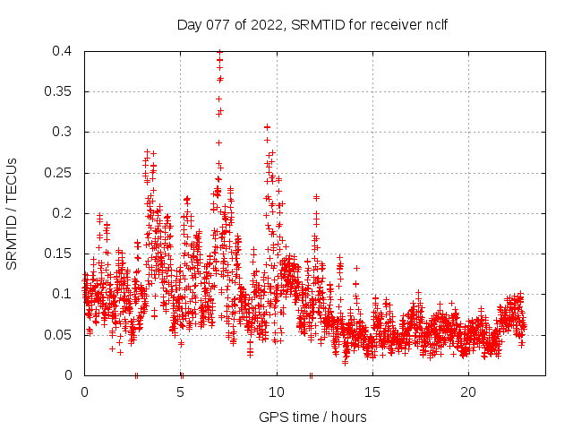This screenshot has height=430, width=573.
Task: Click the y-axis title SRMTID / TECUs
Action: [13, 213]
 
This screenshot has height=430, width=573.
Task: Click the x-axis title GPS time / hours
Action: [312, 417]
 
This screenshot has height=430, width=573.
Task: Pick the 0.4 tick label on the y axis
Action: [63, 51]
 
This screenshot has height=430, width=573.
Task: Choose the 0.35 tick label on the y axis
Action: [59, 91]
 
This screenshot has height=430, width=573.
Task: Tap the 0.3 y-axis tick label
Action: [63, 132]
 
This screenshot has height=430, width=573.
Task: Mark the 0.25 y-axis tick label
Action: [59, 173]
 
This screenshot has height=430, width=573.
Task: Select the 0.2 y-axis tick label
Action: [63, 213]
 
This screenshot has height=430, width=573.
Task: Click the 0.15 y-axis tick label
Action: [59, 254]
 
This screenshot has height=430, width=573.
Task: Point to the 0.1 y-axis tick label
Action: [63, 294]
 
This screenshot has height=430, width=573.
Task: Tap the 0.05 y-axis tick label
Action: [59, 335]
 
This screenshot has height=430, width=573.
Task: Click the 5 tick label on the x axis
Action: [180, 392]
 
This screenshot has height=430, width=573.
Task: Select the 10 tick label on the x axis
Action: [277, 392]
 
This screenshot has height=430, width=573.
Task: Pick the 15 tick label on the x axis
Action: [372, 392]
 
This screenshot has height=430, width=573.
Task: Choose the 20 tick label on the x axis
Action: [468, 392]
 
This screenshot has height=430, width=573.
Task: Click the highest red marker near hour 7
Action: [219, 54]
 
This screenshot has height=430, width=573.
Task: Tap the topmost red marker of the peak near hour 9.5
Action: [267, 127]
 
